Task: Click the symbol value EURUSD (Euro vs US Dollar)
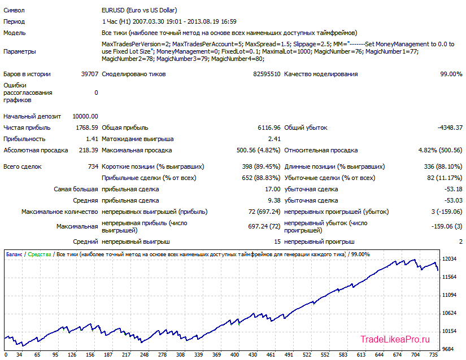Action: (139, 10)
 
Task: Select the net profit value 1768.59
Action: (87, 128)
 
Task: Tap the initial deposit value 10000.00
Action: (85, 116)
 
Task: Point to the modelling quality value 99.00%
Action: (451, 74)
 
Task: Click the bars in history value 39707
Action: (89, 74)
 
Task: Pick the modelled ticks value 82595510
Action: (267, 74)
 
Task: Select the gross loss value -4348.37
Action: (450, 128)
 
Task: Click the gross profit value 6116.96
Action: (269, 128)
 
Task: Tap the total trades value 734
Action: (93, 166)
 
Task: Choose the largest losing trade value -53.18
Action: (453, 189)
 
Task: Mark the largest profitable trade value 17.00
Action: (272, 189)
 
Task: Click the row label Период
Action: (14, 21)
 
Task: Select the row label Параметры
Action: (20, 51)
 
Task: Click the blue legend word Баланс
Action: (14, 254)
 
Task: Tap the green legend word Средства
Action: (39, 254)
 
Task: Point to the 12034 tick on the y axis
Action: (449, 259)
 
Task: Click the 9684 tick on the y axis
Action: (448, 349)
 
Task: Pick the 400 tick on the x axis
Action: (234, 355)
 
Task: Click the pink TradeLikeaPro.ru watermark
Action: (395, 339)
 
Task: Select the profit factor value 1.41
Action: (92, 139)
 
